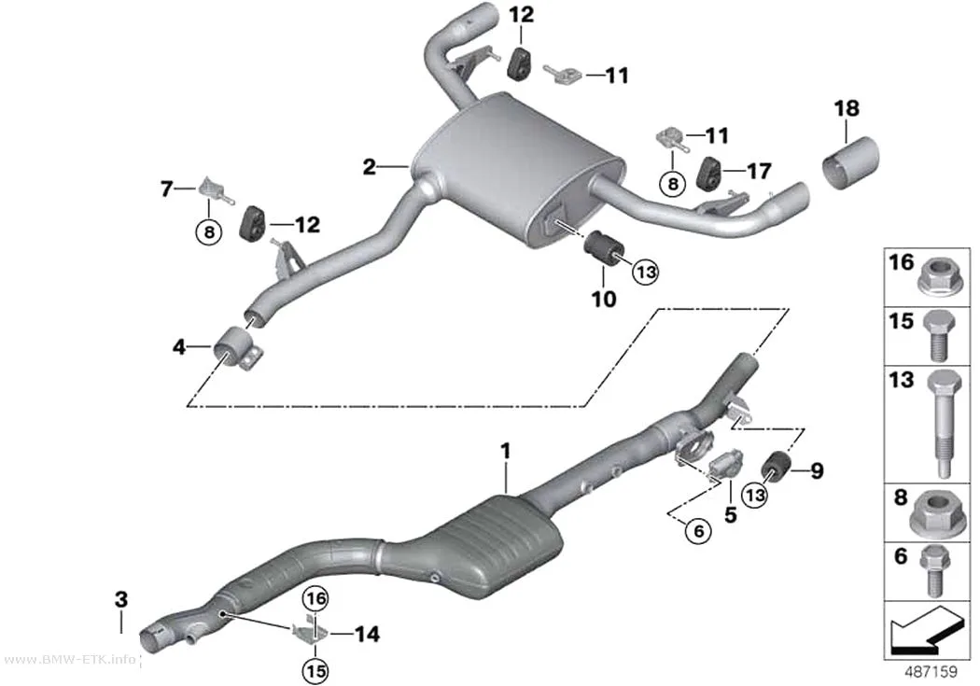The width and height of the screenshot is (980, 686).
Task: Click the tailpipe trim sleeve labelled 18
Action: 850,161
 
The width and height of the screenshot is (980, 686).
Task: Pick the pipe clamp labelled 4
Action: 239,349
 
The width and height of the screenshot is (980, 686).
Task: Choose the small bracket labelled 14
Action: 310,631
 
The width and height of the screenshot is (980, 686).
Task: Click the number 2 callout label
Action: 370,167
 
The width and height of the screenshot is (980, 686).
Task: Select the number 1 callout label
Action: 506,451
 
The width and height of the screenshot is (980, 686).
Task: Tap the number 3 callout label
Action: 121,599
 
